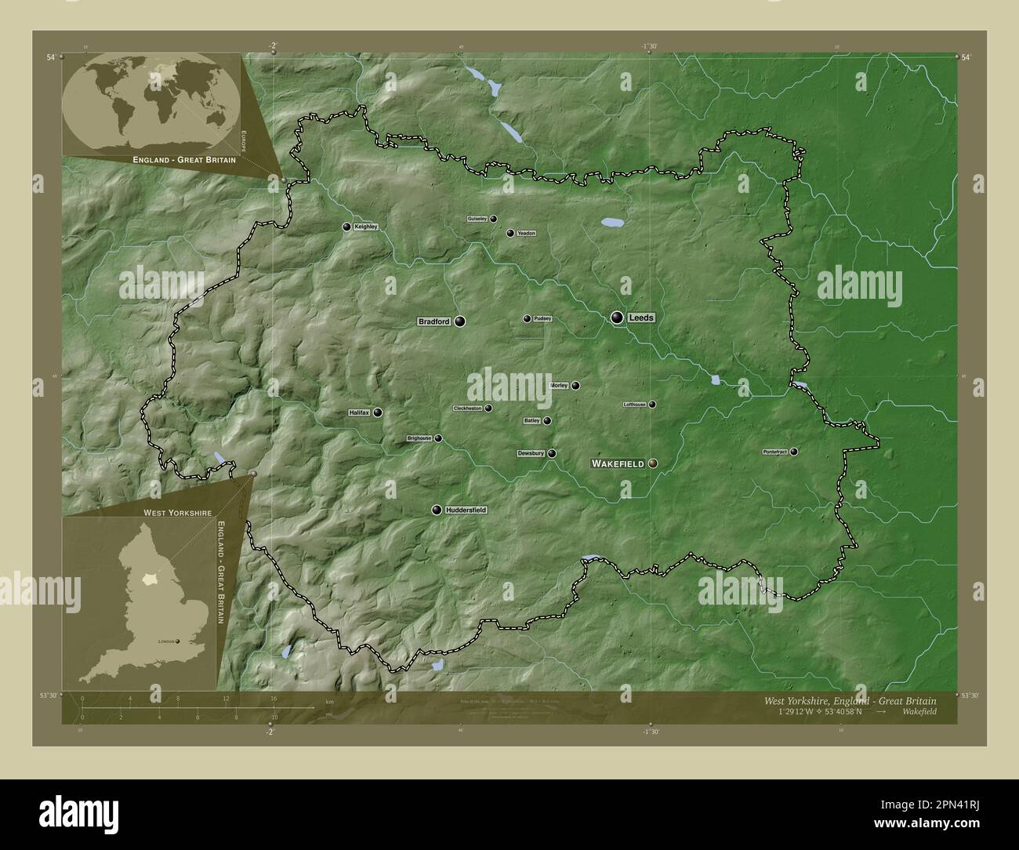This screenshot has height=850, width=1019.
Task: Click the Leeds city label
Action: (640, 318)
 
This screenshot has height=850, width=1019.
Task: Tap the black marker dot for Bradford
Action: (459, 321)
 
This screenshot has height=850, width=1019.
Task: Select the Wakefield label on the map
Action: (618, 464)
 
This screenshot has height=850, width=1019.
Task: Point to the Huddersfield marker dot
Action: (437, 510)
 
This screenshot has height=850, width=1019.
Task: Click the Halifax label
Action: (359, 412)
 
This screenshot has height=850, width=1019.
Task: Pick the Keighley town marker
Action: (346, 227)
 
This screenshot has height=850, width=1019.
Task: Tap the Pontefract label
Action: (775, 452)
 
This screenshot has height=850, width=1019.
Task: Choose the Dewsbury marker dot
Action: (552, 453)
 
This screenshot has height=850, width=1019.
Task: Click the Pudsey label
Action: (542, 319)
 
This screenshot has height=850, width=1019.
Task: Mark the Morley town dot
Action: (575, 385)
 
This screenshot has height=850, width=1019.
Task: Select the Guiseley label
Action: (477, 219)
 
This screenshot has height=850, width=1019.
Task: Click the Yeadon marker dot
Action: (510, 233)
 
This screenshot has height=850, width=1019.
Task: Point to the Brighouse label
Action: (419, 438)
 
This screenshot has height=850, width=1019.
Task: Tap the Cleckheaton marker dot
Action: (488, 408)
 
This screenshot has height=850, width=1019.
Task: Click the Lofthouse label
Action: (634, 405)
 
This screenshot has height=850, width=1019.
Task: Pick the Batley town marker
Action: (547, 420)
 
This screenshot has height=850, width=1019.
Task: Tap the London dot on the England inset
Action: (178, 641)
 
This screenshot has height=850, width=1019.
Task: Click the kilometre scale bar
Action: (178, 709)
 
